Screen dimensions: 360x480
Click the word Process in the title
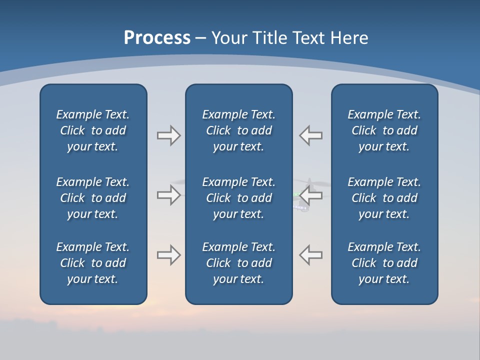click(157, 38)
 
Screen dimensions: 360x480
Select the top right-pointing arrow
click(168, 135)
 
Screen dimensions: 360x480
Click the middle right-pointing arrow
click(168, 194)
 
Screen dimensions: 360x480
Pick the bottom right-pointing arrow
click(168, 255)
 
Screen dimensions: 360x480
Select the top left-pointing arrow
click(311, 135)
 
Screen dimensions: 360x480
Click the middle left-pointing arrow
click(311, 194)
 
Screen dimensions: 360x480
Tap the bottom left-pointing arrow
click(311, 255)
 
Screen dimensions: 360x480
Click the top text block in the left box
click(93, 130)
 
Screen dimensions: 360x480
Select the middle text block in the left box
click(93, 198)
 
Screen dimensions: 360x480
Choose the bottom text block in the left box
click(93, 263)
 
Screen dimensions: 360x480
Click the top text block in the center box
click(238, 130)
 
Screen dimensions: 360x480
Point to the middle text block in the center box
click(238, 198)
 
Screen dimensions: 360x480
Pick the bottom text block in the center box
click(238, 263)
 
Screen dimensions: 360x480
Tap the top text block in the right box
click(384, 130)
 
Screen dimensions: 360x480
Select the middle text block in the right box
click(384, 198)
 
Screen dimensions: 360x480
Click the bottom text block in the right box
click(384, 263)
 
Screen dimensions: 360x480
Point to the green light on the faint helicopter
click(296, 194)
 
